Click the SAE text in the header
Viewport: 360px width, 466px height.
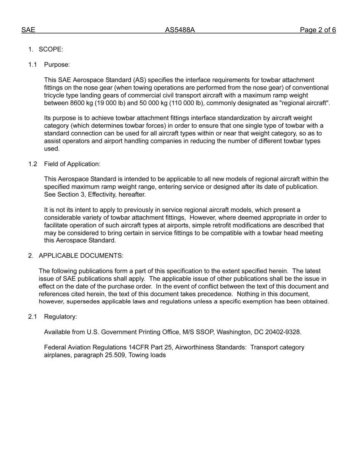[28, 30]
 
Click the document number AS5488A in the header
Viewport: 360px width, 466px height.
[180, 30]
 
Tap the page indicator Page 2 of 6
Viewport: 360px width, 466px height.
[318, 30]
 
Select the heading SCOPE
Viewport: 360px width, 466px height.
[51, 50]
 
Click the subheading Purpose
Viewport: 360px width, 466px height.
[57, 65]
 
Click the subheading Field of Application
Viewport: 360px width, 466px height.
[72, 164]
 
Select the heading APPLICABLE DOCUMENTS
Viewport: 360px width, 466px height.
[81, 256]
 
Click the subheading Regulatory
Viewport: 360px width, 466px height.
[60, 317]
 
